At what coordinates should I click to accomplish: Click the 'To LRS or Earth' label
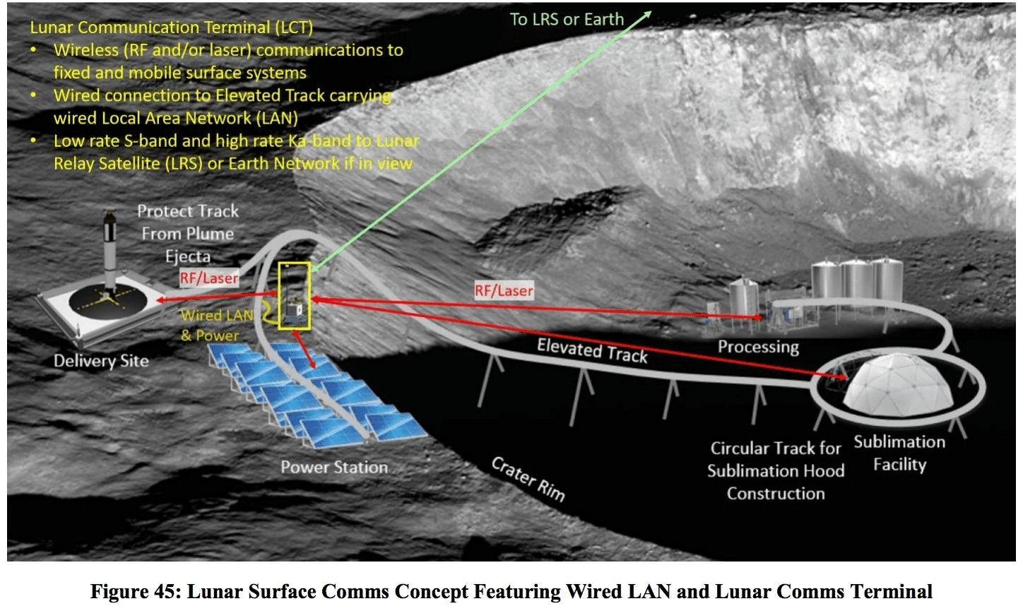coord(567,19)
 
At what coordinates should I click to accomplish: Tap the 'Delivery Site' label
coord(101,361)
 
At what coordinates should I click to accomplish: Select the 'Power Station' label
coord(334,467)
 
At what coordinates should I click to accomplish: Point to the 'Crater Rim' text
coord(528,479)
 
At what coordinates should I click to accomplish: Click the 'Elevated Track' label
coord(592,350)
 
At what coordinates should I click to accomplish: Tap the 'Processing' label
coord(758,346)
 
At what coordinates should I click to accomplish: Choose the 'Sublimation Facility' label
coord(899,453)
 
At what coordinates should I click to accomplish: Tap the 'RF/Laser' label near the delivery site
coord(208,278)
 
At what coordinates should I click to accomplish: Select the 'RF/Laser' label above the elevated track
coord(504,290)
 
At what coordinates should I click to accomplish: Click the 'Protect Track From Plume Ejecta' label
coord(188,233)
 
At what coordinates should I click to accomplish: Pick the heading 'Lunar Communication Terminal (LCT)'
coord(171,28)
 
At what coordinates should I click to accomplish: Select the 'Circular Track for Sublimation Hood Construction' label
coord(775,470)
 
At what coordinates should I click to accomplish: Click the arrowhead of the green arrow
coord(648,13)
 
